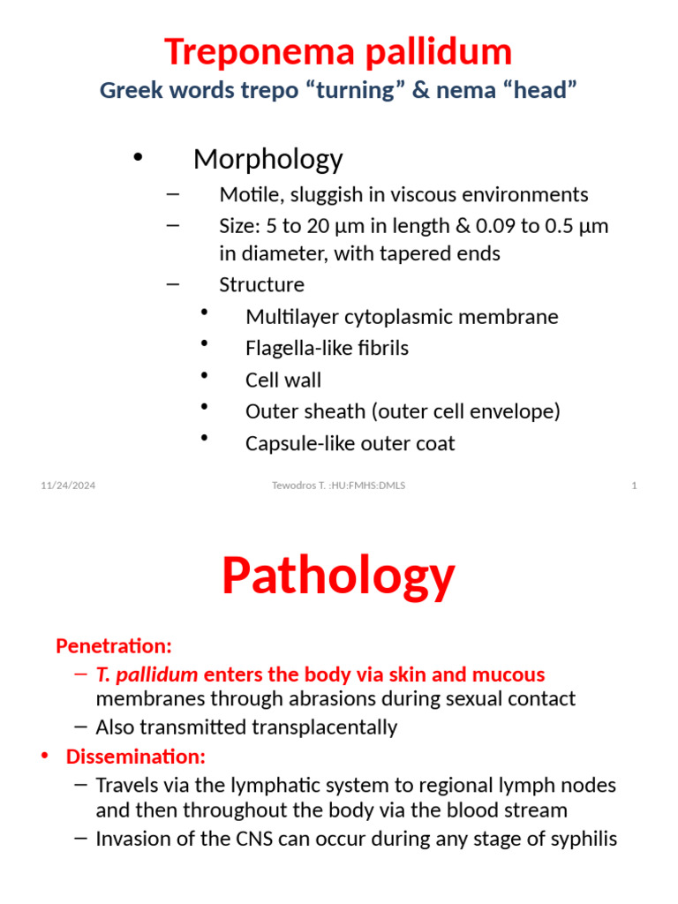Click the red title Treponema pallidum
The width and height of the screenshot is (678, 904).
click(338, 52)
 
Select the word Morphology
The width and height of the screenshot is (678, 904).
click(267, 159)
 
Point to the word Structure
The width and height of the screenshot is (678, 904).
click(261, 285)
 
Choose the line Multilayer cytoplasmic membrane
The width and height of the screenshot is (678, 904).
click(402, 317)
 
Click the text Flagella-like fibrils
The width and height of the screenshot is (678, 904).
click(327, 349)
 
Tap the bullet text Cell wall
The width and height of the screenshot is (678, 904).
click(283, 380)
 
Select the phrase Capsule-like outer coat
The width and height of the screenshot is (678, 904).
click(350, 444)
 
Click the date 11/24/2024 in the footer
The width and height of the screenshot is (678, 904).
click(68, 486)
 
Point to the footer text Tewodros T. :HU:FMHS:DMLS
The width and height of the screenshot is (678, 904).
click(339, 486)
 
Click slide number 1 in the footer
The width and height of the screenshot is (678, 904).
click(634, 486)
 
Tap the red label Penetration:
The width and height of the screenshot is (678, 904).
click(114, 646)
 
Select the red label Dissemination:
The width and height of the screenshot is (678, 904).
click(135, 757)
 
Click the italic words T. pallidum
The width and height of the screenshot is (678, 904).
click(147, 675)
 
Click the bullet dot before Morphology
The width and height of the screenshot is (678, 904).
click(137, 157)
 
